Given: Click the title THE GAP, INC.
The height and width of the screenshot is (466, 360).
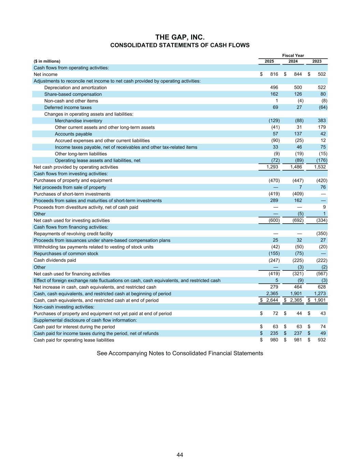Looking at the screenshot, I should click(x=180, y=37).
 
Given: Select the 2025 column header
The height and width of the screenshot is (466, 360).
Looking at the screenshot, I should click(x=269, y=61).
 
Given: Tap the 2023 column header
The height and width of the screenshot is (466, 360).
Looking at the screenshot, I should click(x=317, y=61).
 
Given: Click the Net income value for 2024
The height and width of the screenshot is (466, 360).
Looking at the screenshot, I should click(x=298, y=74).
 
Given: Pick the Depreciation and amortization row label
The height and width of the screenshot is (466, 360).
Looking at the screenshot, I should click(x=75, y=88).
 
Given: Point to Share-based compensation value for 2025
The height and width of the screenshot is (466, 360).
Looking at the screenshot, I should click(x=274, y=94).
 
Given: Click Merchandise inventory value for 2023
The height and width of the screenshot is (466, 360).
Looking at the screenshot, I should click(x=321, y=121).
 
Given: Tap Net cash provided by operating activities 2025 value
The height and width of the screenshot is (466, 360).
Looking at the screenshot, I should click(x=272, y=167).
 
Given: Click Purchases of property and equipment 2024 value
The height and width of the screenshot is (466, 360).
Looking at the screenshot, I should click(x=298, y=180).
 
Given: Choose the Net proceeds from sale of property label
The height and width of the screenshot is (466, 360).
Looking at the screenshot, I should click(x=70, y=187).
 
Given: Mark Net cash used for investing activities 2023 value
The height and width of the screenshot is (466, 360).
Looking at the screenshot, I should click(x=322, y=221).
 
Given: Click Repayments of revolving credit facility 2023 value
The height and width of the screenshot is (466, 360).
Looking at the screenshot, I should click(x=322, y=234).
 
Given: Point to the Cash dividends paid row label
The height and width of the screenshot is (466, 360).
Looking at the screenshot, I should click(x=55, y=260).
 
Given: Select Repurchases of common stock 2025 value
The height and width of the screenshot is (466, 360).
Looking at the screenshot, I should click(x=274, y=253).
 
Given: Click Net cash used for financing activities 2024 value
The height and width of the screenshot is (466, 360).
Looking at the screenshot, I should click(x=298, y=274).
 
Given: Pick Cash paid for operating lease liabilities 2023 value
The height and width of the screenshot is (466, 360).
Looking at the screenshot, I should click(x=321, y=340).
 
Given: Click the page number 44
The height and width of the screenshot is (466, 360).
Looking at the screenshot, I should click(x=180, y=455).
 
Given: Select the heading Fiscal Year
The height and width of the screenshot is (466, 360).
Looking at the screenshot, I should click(x=293, y=56).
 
